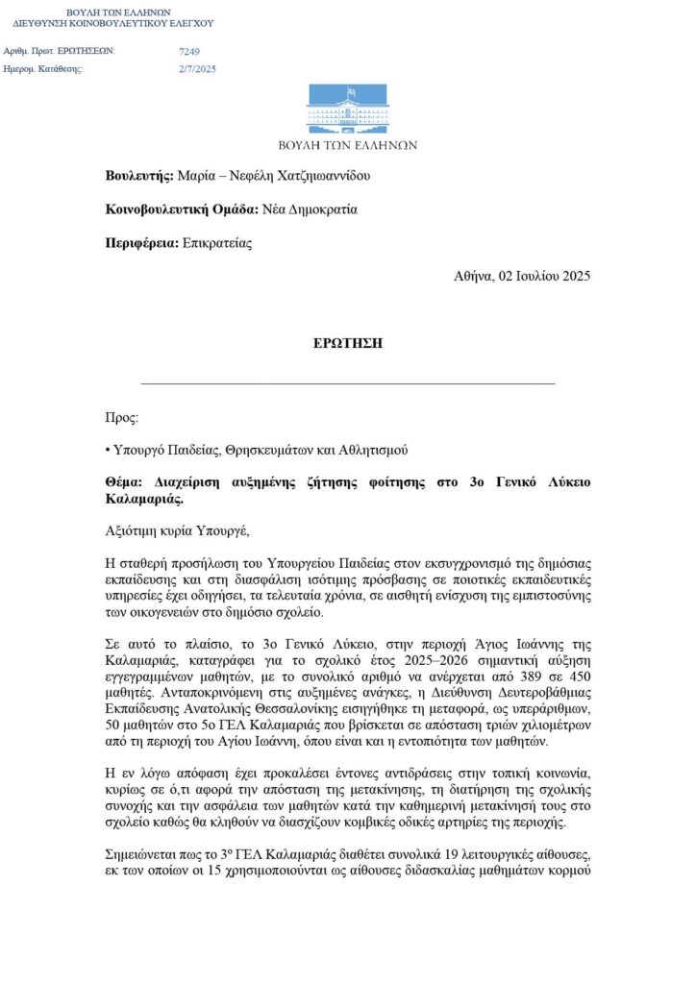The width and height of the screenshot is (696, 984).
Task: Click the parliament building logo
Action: [347, 109]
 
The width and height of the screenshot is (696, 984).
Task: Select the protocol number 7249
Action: [189, 50]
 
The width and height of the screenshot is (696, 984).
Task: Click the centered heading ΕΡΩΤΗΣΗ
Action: [347, 343]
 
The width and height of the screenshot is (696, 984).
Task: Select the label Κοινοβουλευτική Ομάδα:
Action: [181, 209]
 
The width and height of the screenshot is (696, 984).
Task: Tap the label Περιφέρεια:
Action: [142, 243]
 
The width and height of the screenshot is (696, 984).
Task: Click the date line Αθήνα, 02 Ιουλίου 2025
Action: [522, 276]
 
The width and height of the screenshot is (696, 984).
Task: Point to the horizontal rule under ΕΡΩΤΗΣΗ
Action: [347, 383]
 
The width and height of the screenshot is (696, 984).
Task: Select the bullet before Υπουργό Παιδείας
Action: [108, 451]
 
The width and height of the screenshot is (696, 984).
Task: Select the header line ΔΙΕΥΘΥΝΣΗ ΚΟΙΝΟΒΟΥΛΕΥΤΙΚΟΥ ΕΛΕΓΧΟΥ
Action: [113, 22]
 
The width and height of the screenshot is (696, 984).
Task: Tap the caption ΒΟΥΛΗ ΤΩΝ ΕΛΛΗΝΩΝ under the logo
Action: [347, 146]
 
